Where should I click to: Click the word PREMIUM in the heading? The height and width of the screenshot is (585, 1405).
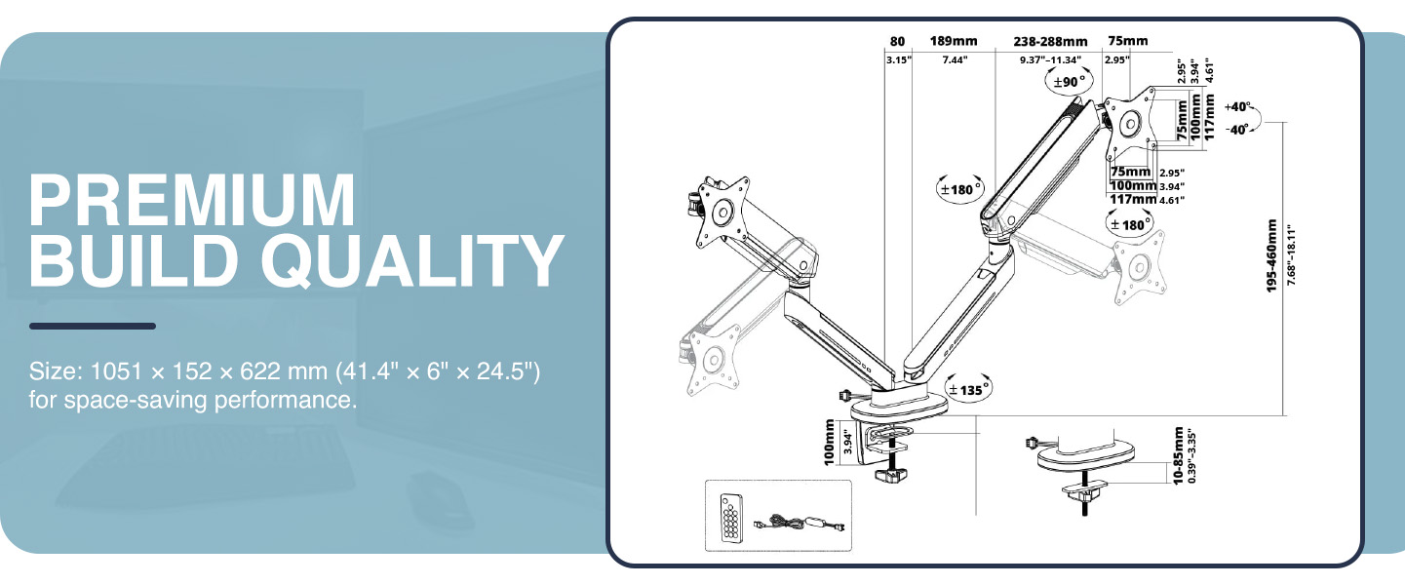(192, 201)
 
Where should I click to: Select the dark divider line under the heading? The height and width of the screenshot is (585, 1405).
(93, 326)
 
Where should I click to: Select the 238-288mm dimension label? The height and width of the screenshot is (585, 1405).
(1049, 42)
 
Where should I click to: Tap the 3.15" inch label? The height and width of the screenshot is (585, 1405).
(897, 60)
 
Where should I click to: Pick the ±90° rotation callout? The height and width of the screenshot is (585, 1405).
(1068, 83)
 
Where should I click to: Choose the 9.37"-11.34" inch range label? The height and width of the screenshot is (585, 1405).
(1049, 60)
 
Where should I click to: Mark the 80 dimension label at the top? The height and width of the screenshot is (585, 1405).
(897, 42)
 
